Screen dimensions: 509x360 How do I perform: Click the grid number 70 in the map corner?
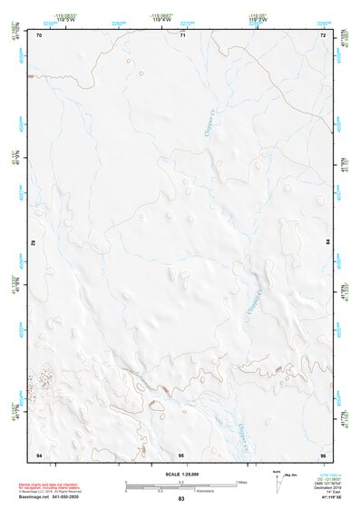[39, 35]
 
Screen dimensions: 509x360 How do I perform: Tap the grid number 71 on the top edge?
[182, 35]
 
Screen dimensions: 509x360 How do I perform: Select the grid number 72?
[322, 35]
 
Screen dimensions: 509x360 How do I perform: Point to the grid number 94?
[39, 454]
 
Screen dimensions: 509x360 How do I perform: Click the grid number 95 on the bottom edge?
[181, 454]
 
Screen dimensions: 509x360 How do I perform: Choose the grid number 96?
[322, 454]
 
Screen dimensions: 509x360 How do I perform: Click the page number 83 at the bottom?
[180, 500]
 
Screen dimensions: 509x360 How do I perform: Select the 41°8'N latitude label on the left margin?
[13, 283]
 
